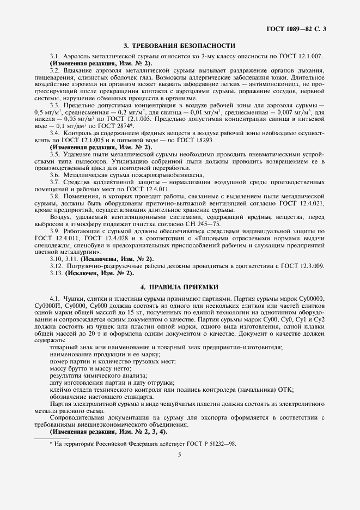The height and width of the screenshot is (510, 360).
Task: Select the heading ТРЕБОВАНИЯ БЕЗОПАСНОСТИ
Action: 185,46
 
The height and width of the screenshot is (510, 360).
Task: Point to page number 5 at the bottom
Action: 180,460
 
